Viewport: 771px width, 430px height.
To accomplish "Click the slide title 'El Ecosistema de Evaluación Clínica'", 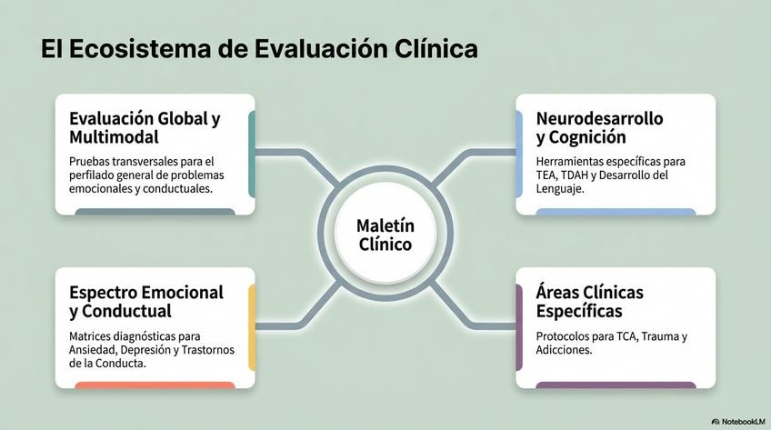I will click(x=259, y=49).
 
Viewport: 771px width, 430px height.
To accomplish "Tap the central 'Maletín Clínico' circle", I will click(x=385, y=235).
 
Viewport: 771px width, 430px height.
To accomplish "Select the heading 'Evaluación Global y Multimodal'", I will click(x=145, y=128).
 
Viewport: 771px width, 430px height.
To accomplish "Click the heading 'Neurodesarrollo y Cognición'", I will click(x=599, y=128).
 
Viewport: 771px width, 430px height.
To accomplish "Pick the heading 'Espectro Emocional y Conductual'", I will click(x=145, y=302).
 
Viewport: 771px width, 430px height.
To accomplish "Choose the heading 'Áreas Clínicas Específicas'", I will click(x=589, y=302).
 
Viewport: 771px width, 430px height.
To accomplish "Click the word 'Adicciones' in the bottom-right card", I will click(x=564, y=349).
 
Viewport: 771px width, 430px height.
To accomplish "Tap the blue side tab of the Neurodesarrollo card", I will click(x=519, y=155).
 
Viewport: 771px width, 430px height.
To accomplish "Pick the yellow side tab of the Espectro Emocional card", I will click(x=252, y=327).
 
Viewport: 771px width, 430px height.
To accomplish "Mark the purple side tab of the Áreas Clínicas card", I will click(x=519, y=327).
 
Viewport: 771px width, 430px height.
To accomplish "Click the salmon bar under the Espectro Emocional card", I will click(x=155, y=385).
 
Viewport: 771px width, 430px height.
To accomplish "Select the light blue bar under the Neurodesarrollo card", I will click(x=616, y=212).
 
